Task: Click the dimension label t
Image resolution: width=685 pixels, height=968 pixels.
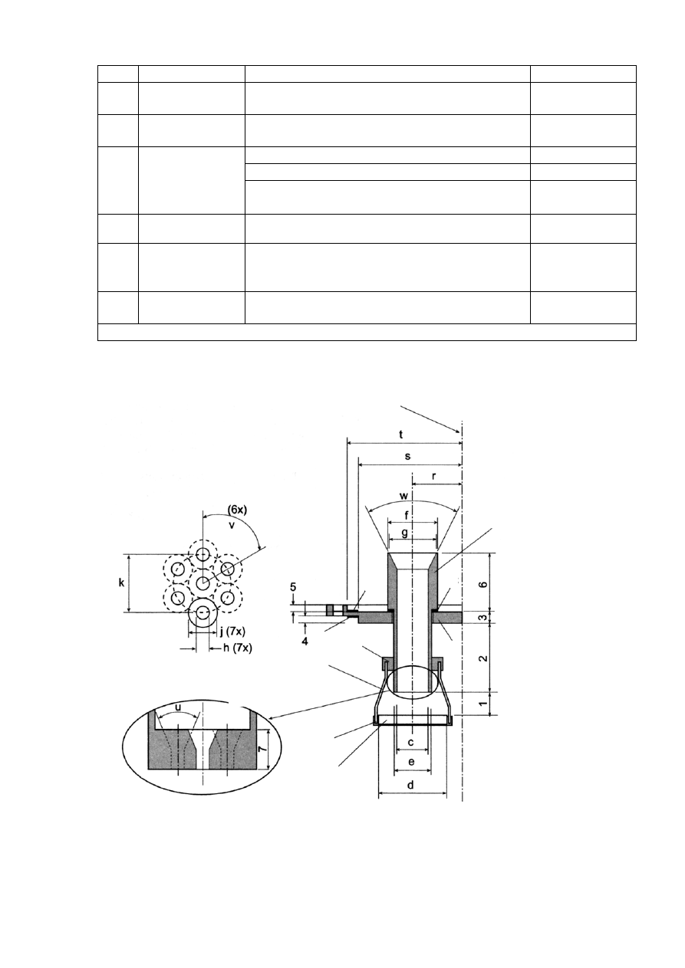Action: (401, 435)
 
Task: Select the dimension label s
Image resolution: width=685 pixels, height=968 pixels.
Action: (407, 456)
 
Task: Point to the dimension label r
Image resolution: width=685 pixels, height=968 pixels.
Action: (433, 476)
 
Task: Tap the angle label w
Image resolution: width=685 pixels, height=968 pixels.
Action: (404, 495)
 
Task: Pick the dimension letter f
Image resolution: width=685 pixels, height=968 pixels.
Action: (406, 515)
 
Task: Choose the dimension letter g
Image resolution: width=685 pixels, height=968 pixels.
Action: (405, 533)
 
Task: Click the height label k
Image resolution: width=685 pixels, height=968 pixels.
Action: (121, 582)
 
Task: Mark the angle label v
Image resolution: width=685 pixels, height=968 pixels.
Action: (232, 526)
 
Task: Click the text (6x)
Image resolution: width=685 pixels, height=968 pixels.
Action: (238, 510)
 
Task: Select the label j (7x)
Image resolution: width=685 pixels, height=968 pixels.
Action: (232, 632)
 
